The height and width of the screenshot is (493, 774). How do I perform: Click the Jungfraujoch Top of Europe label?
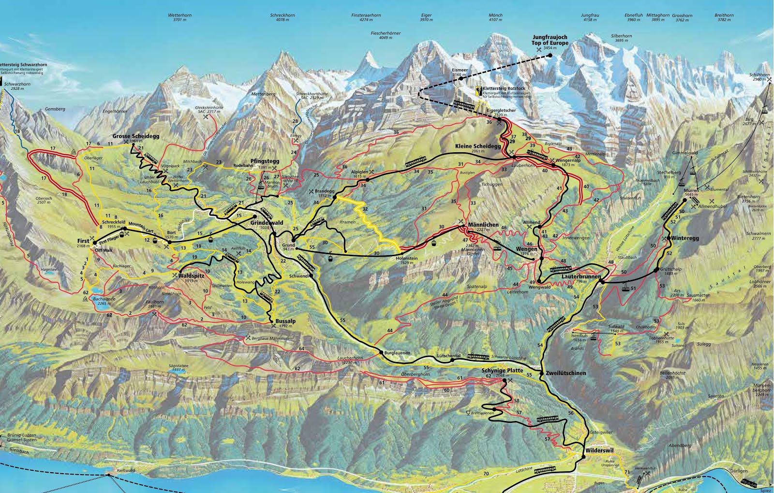click(550, 40)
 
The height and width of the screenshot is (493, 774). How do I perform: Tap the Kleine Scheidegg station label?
click(477, 146)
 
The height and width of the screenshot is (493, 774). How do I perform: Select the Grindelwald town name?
click(267, 223)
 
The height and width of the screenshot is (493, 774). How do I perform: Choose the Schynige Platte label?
click(503, 370)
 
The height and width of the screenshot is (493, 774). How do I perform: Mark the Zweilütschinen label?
click(566, 373)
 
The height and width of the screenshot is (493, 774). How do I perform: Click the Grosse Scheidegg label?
click(132, 136)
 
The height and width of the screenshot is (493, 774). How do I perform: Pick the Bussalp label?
click(285, 321)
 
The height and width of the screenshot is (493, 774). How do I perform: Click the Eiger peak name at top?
click(426, 15)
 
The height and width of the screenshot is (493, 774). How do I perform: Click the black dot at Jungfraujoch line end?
click(550, 56)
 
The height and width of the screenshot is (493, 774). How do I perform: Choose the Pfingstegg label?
click(261, 161)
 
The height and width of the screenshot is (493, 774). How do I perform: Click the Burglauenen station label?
click(397, 353)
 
